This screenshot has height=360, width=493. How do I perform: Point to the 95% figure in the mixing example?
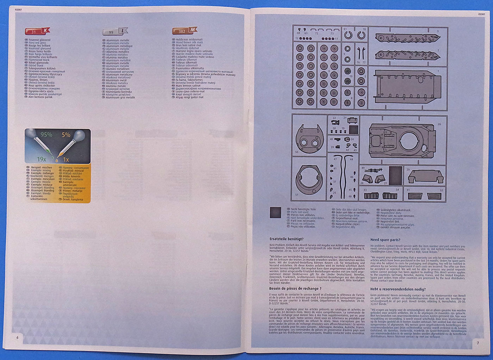click(46, 135)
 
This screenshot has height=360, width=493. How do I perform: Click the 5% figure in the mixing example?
click(66, 135)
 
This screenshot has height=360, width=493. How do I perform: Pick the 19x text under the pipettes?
click(42, 159)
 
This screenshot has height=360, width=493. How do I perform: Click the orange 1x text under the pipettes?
click(66, 160)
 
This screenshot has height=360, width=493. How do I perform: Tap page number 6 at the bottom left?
click(18, 337)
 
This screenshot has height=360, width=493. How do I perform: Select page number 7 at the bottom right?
click(478, 343)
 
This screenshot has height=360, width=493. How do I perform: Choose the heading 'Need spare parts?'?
click(385, 240)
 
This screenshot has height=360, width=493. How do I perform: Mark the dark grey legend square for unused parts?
click(275, 213)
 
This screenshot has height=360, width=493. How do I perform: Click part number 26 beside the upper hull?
click(439, 124)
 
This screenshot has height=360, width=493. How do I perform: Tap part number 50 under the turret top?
click(297, 152)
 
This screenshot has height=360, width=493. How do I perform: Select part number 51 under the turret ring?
click(297, 194)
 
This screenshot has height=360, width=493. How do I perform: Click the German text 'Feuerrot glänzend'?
click(39, 40)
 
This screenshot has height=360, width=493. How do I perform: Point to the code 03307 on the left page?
click(18, 10)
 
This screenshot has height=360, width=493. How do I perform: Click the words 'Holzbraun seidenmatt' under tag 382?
click(189, 39)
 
